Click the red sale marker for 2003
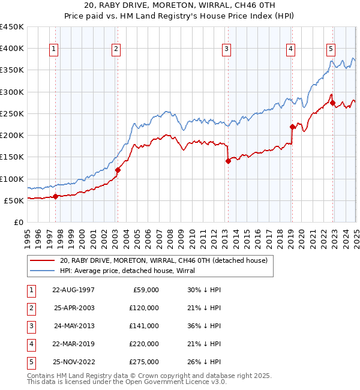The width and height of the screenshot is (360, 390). point(118,170)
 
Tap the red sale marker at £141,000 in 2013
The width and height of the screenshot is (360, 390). point(228,161)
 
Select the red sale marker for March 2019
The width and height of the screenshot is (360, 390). point(292,127)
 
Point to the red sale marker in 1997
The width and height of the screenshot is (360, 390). point(55,196)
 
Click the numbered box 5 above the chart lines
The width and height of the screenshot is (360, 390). point(331,49)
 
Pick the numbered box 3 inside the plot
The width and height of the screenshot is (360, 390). point(226,49)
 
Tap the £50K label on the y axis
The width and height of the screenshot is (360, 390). point(14,200)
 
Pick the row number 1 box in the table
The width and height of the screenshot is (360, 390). point(31,290)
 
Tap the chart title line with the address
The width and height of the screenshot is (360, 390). point(180,5)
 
